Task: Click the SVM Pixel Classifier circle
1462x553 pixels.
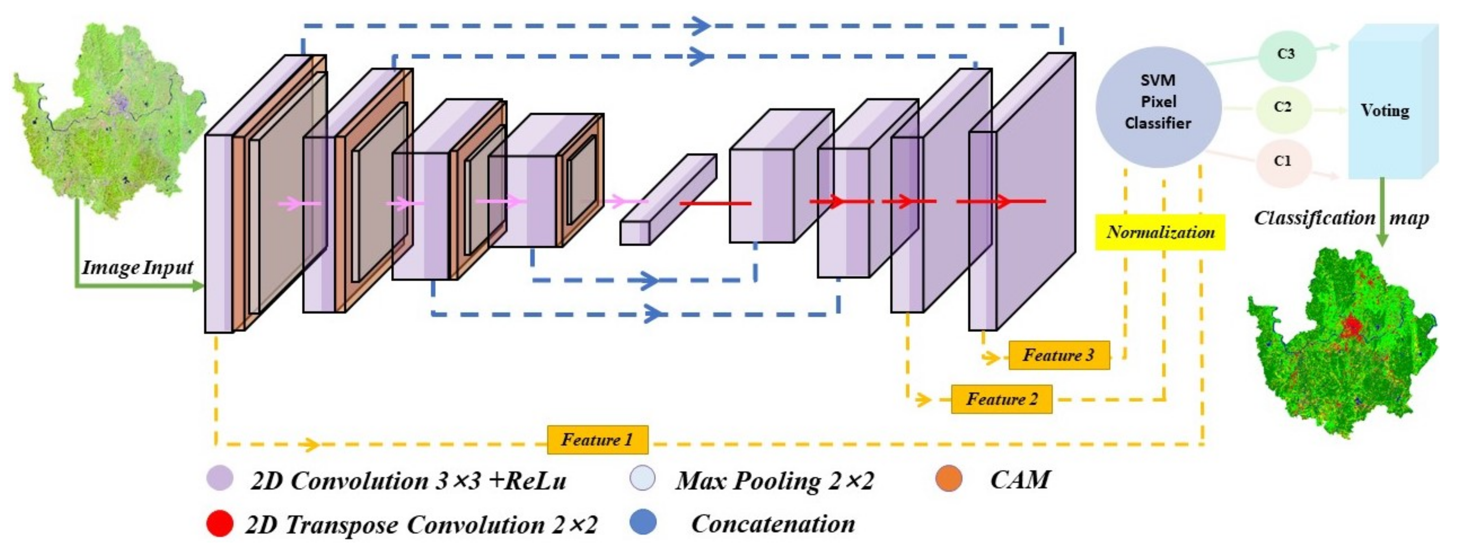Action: point(1158,107)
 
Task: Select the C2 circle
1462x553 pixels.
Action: point(1283,108)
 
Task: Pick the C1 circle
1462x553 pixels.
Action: point(1283,162)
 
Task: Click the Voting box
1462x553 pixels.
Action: point(1385,111)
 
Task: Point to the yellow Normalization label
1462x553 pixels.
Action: point(1159,232)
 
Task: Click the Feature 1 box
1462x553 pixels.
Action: point(597,440)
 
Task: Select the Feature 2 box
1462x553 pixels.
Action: point(1001,399)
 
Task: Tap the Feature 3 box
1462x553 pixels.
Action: point(1058,356)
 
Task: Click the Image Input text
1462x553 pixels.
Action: point(137,267)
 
